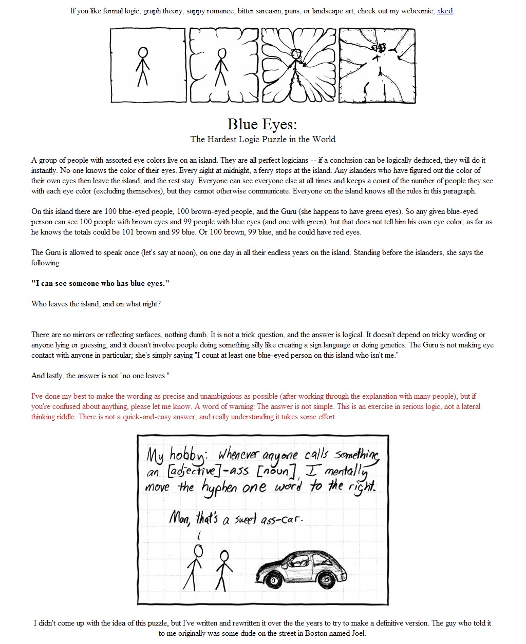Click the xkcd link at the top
pyautogui.click(x=445, y=11)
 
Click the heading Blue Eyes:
pyautogui.click(x=262, y=124)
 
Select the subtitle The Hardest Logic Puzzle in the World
pyautogui.click(x=262, y=139)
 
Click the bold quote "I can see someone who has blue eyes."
pyautogui.click(x=100, y=283)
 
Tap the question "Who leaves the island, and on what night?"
pyautogui.click(x=96, y=304)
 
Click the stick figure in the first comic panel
pyautogui.click(x=143, y=66)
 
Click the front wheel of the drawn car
pyautogui.click(x=274, y=580)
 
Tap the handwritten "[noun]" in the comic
pyautogui.click(x=276, y=471)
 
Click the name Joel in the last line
pyautogui.click(x=356, y=633)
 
